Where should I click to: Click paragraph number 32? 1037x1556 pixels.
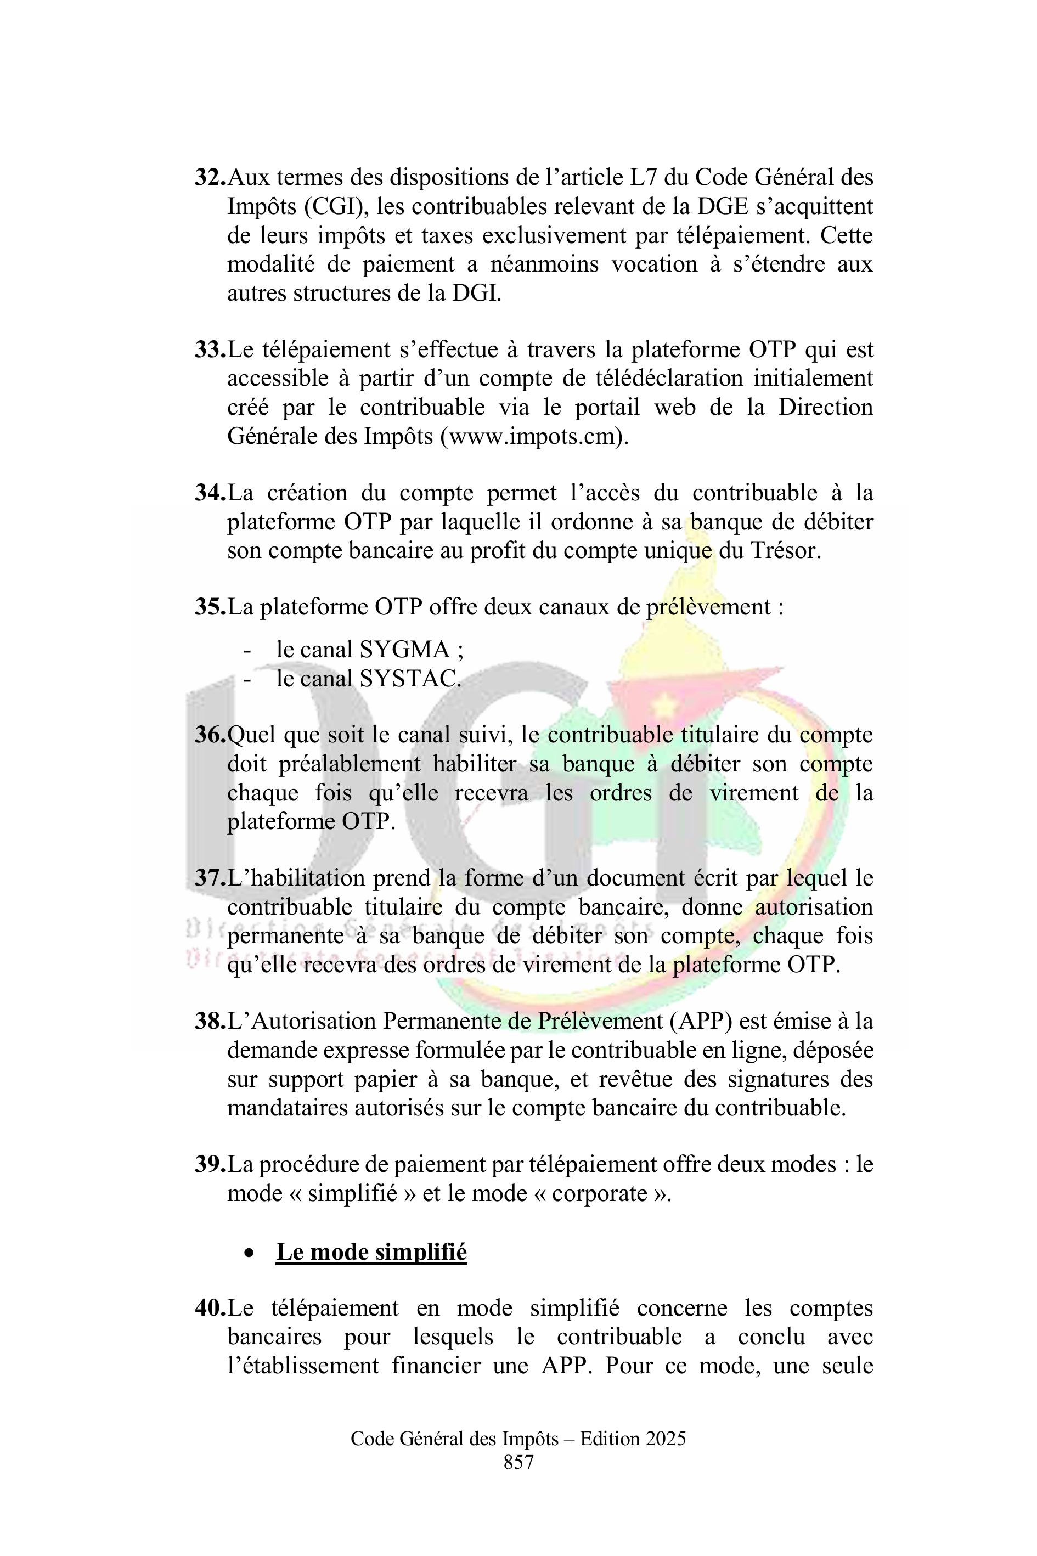point(210,178)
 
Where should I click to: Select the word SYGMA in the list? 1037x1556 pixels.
point(405,650)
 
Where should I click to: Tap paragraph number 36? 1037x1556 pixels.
point(210,735)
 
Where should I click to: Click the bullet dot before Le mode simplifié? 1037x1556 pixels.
point(249,1253)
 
